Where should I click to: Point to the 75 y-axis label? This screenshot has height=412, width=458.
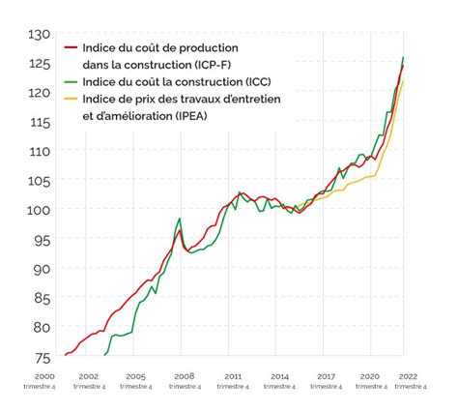[41, 357]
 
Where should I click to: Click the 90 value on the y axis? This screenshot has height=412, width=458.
[41, 269]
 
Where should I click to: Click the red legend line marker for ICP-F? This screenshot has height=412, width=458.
[70, 47]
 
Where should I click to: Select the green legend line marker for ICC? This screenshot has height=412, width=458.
[70, 80]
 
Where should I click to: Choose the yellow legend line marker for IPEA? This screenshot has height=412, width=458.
[70, 98]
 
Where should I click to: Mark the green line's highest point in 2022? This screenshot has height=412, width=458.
[402, 57]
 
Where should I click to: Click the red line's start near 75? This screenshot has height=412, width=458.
[66, 355]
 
